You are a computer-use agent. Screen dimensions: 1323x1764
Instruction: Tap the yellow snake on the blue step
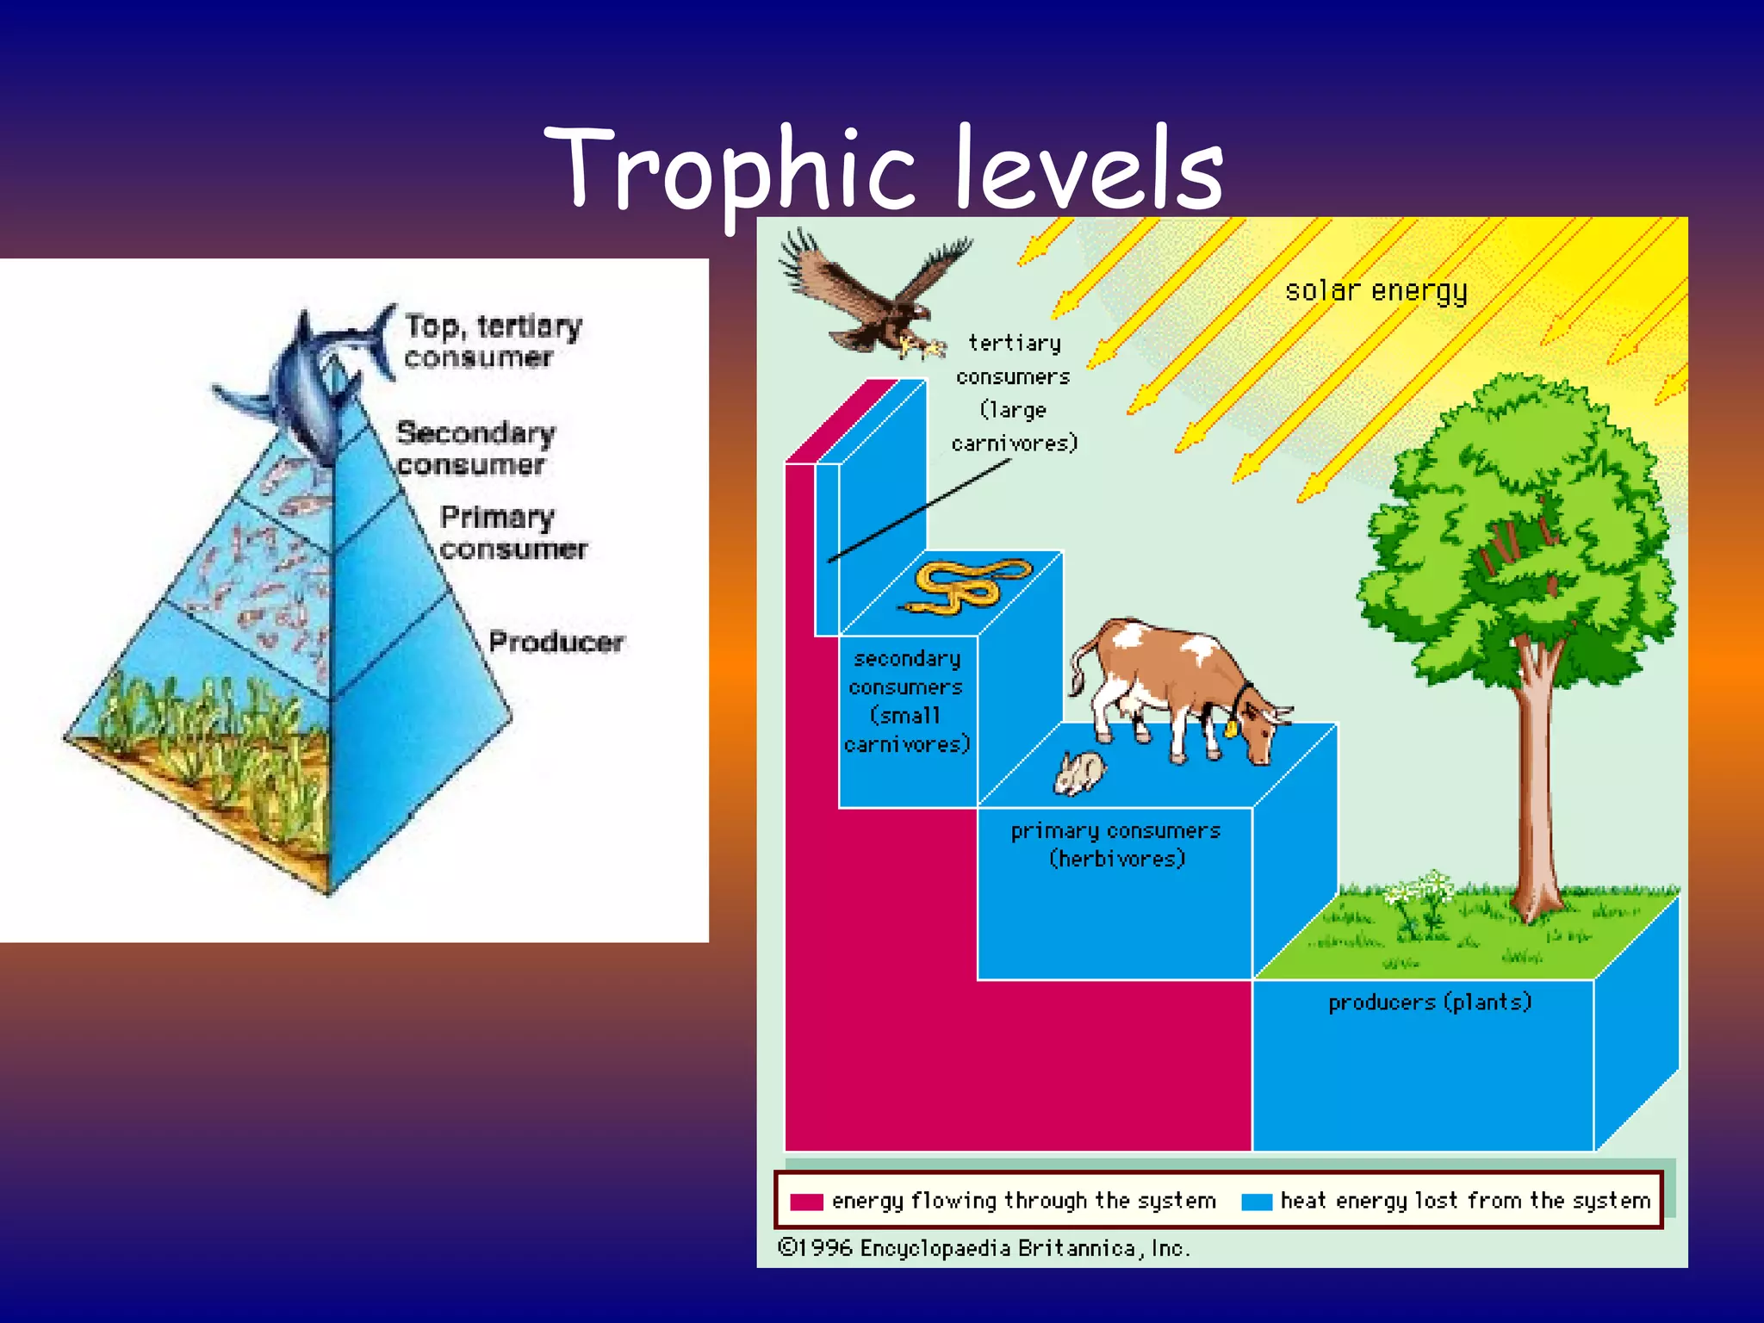tap(965, 586)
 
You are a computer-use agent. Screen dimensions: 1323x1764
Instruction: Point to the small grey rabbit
tap(1079, 773)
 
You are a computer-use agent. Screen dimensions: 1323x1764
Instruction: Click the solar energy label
tap(1376, 291)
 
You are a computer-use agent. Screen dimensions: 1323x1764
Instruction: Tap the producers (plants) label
tap(1429, 1002)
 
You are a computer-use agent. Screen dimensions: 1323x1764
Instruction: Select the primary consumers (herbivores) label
tap(1115, 844)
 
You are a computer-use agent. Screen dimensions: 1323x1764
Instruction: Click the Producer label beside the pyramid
tap(556, 642)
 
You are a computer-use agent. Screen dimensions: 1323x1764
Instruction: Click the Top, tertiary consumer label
tap(493, 341)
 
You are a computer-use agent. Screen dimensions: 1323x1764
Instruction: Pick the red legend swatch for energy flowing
tap(806, 1202)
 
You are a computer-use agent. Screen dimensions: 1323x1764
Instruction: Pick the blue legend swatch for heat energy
tap(1257, 1202)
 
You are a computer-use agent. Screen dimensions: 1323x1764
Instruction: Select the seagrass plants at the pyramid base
tap(215, 741)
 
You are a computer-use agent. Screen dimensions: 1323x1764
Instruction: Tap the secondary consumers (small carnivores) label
tap(906, 701)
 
